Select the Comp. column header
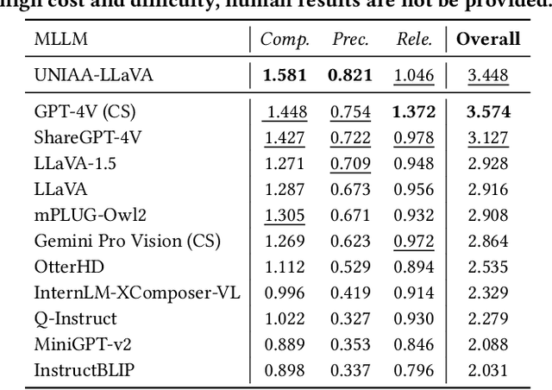[285, 40]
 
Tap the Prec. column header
[349, 40]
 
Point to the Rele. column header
[413, 40]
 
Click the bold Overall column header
[488, 40]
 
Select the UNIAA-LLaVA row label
[93, 76]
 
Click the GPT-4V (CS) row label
[85, 112]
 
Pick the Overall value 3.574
[488, 112]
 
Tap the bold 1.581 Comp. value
[285, 76]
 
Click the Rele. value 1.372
[413, 112]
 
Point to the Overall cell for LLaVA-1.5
[488, 164]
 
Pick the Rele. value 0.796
[413, 371]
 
